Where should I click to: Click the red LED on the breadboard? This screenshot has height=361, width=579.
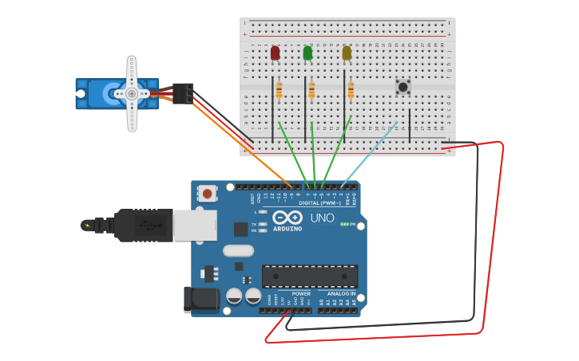(275, 53)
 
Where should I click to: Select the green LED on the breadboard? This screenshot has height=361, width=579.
(307, 53)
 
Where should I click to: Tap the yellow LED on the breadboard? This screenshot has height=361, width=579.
(347, 53)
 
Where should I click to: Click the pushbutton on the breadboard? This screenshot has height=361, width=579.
(403, 86)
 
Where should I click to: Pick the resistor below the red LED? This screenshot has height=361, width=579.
(279, 91)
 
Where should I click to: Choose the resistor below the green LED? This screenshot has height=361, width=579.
(311, 90)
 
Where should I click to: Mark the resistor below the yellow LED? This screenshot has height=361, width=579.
(351, 90)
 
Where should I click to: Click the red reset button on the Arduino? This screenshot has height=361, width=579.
(208, 193)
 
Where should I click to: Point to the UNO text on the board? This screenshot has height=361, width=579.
(322, 218)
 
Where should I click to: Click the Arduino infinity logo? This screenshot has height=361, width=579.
(287, 218)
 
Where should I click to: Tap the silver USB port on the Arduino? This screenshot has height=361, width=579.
(194, 226)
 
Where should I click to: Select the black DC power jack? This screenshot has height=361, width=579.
(200, 299)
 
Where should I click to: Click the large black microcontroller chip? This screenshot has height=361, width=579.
(310, 276)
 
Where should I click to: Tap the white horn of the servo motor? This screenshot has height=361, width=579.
(132, 93)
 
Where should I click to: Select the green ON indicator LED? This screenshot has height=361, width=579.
(344, 224)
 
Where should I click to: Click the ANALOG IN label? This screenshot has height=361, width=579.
(341, 293)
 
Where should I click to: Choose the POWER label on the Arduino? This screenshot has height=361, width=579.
(301, 293)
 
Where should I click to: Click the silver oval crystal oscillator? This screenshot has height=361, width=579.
(238, 250)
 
